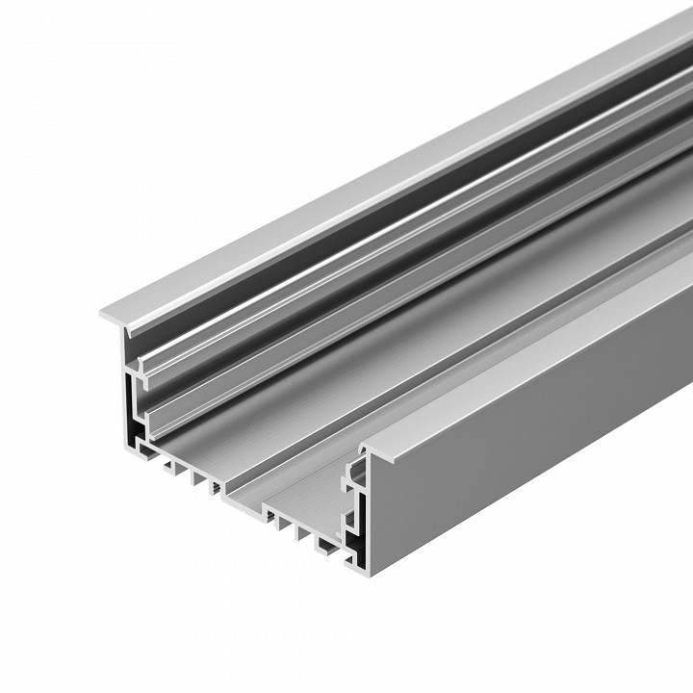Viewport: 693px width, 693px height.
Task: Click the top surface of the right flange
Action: coord(539,356)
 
